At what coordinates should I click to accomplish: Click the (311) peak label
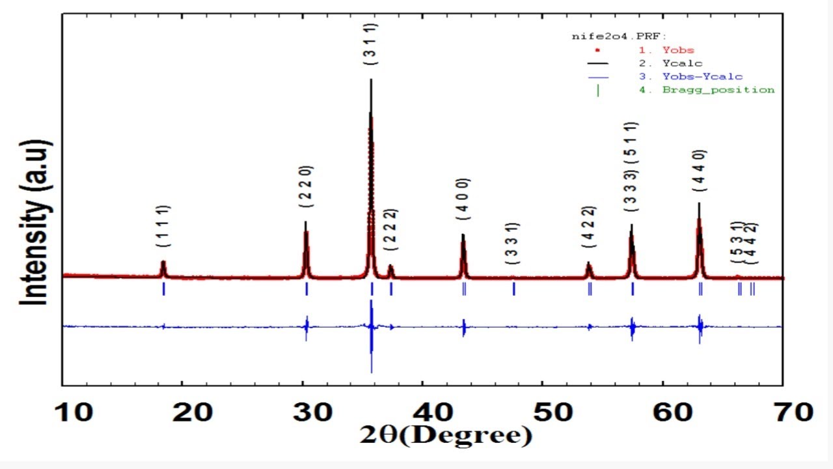[x=371, y=44]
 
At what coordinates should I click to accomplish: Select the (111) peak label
[x=163, y=226]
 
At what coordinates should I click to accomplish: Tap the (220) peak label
[x=306, y=186]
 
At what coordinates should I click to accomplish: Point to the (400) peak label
[x=463, y=199]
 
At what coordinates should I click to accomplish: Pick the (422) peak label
[x=588, y=227]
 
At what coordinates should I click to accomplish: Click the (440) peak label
[x=700, y=171]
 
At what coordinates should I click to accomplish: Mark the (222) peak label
[x=390, y=229]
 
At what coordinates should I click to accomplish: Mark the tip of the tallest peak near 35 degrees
[x=371, y=80]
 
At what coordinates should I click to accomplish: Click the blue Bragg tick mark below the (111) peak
[x=163, y=289]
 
